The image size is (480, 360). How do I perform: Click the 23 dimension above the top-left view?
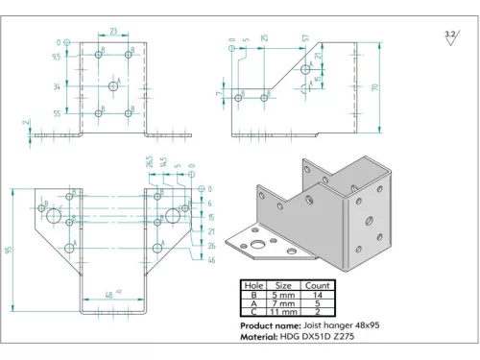tap(113, 32)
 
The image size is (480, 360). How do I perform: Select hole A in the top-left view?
tap(113, 86)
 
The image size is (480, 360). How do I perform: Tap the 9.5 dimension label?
tap(57, 57)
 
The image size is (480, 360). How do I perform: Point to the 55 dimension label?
tap(57, 113)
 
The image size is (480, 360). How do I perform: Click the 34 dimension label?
tap(57, 86)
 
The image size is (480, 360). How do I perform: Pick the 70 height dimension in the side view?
tap(389, 86)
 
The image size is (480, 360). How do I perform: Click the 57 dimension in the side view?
tap(305, 37)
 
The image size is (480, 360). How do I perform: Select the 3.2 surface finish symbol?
tap(448, 35)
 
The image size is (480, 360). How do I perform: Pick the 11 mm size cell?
tap(283, 313)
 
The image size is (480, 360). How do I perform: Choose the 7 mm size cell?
tap(283, 303)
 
